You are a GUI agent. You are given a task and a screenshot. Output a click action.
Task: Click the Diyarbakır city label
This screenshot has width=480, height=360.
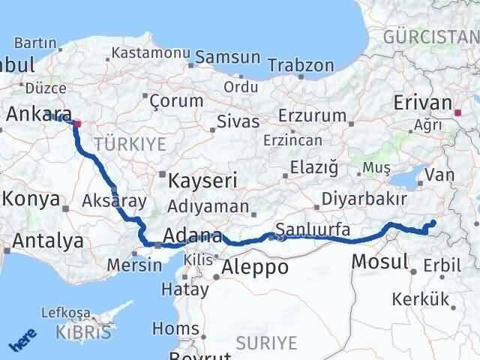point(364,199)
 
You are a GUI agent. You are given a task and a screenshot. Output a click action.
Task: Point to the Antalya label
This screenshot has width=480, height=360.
point(46,241)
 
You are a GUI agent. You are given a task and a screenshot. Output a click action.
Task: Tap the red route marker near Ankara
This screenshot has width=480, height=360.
point(76,123)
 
